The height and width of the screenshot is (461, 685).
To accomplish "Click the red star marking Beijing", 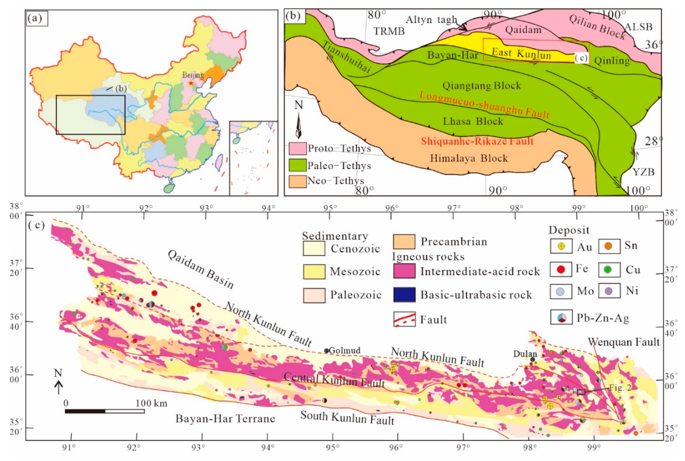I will click(x=191, y=83).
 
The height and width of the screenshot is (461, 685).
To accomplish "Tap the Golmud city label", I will click(x=344, y=351).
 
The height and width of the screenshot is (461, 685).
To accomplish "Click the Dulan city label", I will click(x=525, y=354).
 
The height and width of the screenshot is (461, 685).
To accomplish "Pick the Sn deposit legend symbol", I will click(x=609, y=246).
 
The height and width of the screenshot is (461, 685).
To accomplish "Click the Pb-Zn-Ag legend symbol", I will click(x=561, y=317).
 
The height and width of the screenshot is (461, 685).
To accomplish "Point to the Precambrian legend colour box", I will click(x=404, y=242).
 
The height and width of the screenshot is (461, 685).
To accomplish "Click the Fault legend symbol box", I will click(x=404, y=319).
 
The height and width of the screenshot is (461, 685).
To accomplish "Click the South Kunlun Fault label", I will click(x=347, y=418).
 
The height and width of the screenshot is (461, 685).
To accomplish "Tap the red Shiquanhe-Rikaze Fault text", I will click(x=477, y=141).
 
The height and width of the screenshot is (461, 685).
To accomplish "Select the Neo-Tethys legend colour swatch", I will click(x=297, y=181).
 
